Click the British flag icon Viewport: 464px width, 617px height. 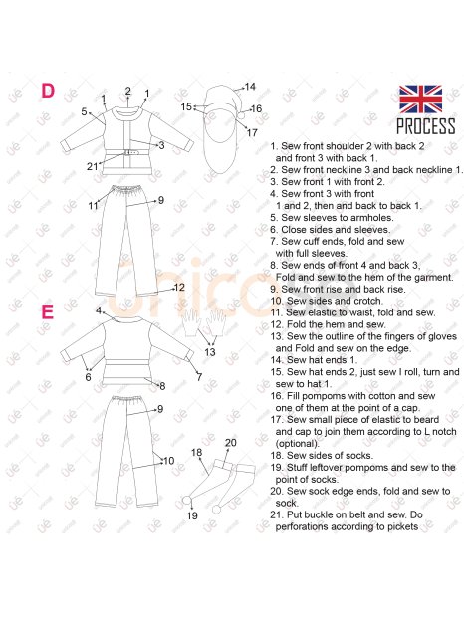pos(420,99)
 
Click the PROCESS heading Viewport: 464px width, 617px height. pos(426,126)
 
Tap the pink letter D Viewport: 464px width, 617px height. pos(48,91)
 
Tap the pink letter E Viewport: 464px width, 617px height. pos(47,312)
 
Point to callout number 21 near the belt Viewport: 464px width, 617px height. pos(92,167)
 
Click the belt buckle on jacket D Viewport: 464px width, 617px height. pos(128,152)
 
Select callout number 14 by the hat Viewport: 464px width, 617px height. pos(250,87)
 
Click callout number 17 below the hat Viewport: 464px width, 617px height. pos(252,133)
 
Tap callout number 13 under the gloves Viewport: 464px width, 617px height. pos(210,351)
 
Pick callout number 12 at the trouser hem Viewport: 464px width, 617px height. pos(179,288)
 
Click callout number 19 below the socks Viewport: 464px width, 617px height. pos(192,515)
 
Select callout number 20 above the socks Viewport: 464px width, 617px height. pos(231,443)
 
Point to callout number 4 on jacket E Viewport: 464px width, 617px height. pos(99,310)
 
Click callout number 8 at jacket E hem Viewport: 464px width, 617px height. pos(162,386)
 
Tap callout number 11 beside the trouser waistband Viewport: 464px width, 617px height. pos(93,206)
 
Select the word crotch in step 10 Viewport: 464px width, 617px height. pos(368,301)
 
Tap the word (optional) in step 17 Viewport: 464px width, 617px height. pos(297,444)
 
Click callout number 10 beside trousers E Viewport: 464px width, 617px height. pos(169,461)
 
